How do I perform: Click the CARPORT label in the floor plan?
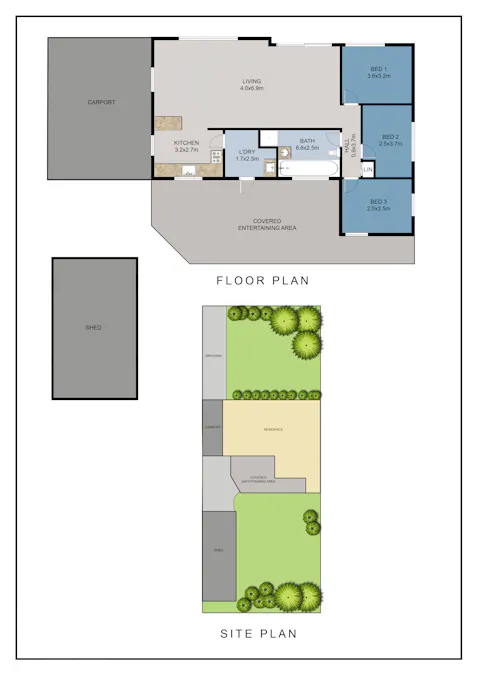click(101, 102)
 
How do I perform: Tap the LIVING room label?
click(250, 82)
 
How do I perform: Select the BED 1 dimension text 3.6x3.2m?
click(377, 76)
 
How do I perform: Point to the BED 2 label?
click(390, 136)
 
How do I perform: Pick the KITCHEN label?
click(186, 143)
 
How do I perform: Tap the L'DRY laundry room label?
click(247, 151)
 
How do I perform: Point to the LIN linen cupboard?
click(367, 170)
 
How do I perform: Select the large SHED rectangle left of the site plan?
click(94, 328)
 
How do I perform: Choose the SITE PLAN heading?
click(258, 633)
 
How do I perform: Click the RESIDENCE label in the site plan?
click(273, 430)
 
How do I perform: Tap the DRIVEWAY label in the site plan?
click(213, 357)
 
